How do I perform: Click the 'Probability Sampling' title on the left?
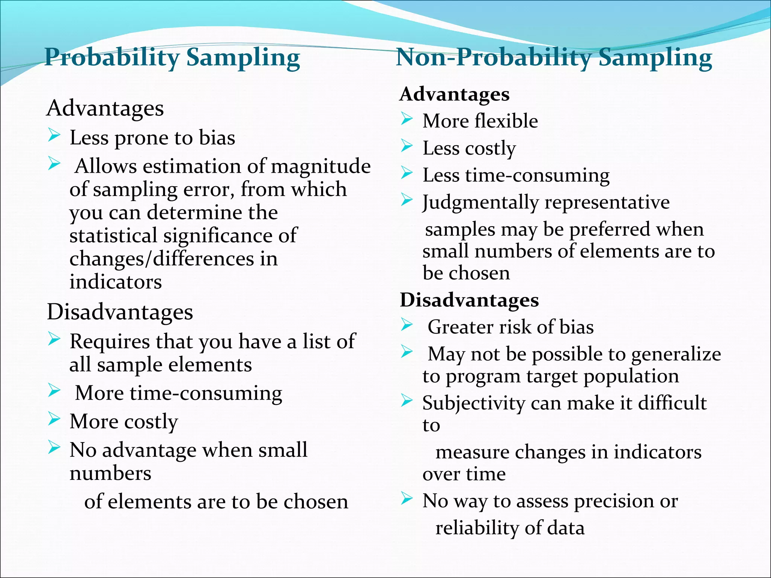coord(172,58)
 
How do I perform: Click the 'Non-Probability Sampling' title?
coord(554,58)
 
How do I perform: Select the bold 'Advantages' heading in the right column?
coord(454,94)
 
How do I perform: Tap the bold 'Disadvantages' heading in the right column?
coord(469,300)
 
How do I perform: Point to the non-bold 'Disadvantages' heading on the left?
coord(120,312)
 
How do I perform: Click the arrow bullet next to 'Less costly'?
coord(407,145)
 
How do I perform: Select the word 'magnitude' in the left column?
coord(321,166)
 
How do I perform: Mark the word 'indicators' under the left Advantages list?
coord(116,282)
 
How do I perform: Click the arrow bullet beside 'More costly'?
coord(54,418)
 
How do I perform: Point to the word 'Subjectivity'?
coord(473,403)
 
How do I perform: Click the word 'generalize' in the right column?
coord(676,354)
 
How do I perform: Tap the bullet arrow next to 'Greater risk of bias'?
coord(407,324)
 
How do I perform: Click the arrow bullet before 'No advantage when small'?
coord(54,447)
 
